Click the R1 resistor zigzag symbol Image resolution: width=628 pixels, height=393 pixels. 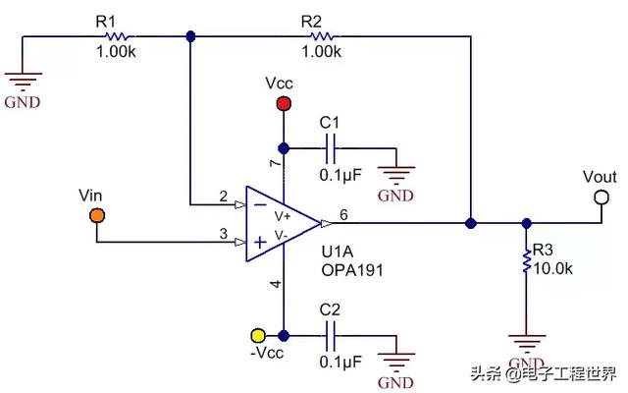(117, 37)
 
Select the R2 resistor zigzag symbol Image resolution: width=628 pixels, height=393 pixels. (322, 37)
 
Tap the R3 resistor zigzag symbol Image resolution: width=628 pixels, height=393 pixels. (527, 261)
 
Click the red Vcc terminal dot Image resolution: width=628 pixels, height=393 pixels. (284, 104)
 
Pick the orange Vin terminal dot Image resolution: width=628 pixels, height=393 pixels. (97, 216)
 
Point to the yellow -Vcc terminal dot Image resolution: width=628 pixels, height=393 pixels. (258, 335)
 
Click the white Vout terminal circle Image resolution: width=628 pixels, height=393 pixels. (602, 197)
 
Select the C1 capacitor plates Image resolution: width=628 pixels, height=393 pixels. (331, 148)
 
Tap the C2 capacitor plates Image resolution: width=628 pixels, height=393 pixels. (331, 336)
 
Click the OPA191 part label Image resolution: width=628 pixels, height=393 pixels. (352, 270)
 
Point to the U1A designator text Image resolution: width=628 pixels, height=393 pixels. (338, 252)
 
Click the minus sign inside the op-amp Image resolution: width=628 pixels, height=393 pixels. (260, 205)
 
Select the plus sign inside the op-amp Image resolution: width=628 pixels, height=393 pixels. (260, 243)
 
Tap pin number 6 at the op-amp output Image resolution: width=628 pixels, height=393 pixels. (343, 215)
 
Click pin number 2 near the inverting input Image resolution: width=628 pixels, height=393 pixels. (224, 196)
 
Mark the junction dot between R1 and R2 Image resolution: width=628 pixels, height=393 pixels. (191, 37)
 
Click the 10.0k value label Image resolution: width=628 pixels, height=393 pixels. (552, 268)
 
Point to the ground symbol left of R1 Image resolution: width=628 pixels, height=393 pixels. (23, 83)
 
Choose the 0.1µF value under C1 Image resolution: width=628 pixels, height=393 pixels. (340, 175)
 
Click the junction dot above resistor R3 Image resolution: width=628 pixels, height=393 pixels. (527, 223)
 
